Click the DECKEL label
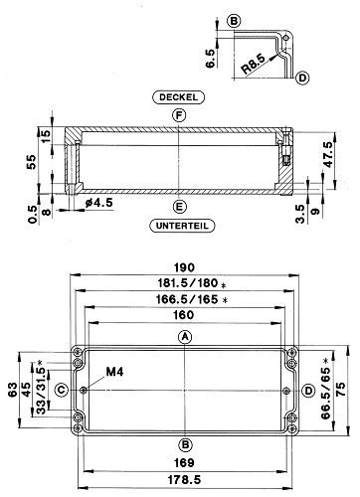click(x=178, y=97)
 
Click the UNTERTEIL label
click(x=182, y=226)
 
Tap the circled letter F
click(x=179, y=115)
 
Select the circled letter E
click(x=180, y=207)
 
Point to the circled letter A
click(x=185, y=337)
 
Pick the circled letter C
click(x=62, y=390)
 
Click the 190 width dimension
click(x=184, y=267)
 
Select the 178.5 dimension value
click(x=184, y=480)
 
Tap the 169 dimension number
click(x=184, y=462)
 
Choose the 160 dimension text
click(x=184, y=315)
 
